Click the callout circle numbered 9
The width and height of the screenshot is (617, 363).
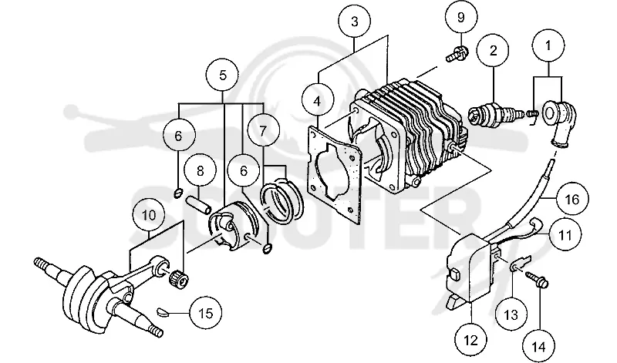pyautogui.click(x=461, y=18)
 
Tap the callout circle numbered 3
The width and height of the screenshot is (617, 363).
pyautogui.click(x=355, y=22)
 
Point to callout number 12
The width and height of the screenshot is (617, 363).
pyautogui.click(x=470, y=340)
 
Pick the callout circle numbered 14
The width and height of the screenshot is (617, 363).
pyautogui.click(x=539, y=347)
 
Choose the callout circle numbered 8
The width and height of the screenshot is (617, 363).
pyautogui.click(x=201, y=171)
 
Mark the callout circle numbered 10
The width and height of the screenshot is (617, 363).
pyautogui.click(x=149, y=215)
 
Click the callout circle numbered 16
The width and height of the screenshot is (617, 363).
pyautogui.click(x=572, y=200)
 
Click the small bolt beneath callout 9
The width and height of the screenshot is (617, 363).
pyautogui.click(x=457, y=54)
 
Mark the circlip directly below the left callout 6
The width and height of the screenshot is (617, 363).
pyautogui.click(x=178, y=193)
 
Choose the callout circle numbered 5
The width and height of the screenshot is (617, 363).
pyautogui.click(x=223, y=75)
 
